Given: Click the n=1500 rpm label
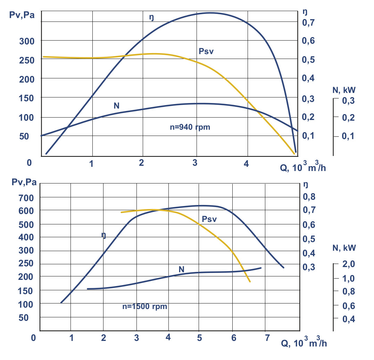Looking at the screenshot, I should tap(145, 307).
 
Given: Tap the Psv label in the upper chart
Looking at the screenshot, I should tap(206, 51).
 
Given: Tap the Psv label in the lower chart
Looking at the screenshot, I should tap(209, 219).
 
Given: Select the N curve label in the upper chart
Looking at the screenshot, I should tap(117, 106).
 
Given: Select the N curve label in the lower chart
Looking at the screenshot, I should tap(181, 269).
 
